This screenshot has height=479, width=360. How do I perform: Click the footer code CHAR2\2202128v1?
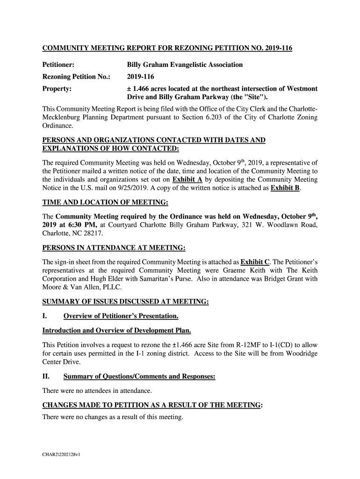62,454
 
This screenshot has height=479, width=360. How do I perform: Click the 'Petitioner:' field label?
59,65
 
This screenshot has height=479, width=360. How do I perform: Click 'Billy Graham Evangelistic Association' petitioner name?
185,65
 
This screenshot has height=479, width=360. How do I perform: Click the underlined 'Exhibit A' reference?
186,180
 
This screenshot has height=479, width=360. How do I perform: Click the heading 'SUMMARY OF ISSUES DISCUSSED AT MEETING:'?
125,302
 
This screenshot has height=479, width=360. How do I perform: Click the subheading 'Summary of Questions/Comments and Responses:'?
139,377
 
